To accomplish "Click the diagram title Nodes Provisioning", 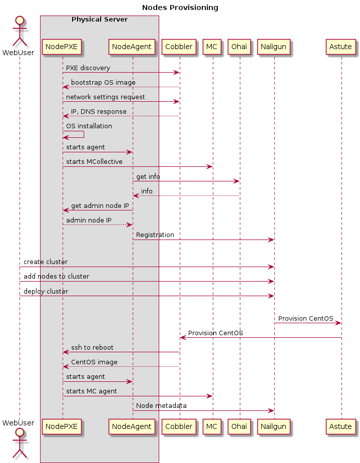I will [x=180, y=8].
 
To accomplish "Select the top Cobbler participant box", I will [x=179, y=47].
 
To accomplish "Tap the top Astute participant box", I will [x=341, y=47].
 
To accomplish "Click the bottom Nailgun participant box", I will [x=274, y=426].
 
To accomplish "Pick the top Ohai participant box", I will [x=239, y=47].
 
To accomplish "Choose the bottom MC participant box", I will [x=212, y=426].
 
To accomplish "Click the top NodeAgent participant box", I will [x=132, y=47].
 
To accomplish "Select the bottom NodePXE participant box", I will [x=62, y=426].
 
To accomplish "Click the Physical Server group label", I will [x=99, y=20].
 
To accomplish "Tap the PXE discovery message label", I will [x=88, y=68].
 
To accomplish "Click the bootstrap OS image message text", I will [x=103, y=82].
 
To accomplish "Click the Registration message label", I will [x=155, y=235].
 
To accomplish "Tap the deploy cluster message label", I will [x=46, y=291].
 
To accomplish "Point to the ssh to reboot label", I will [x=92, y=347].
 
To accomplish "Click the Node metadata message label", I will [x=161, y=405].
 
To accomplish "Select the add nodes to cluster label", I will [x=56, y=276].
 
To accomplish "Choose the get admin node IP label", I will [x=100, y=205].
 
